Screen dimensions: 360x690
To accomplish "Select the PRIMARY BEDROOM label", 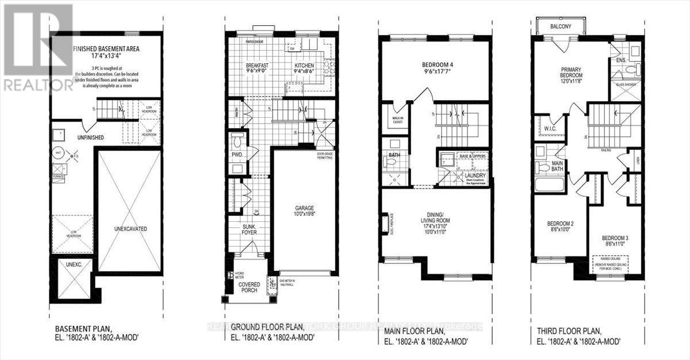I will (x=572, y=72).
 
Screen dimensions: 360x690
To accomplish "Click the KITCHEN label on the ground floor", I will (x=305, y=66).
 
